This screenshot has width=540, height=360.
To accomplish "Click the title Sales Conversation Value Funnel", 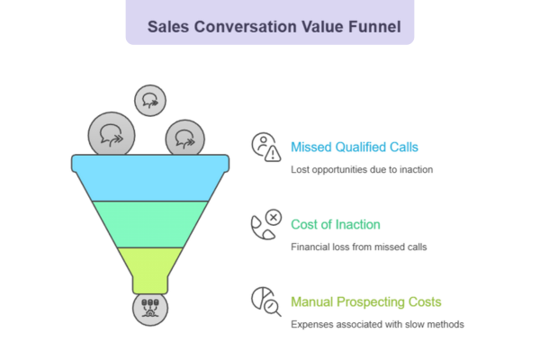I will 269,26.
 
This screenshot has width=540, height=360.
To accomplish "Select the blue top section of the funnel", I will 150,177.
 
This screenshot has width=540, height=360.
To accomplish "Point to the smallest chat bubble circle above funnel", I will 149,100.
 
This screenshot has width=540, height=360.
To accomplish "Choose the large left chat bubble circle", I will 112,136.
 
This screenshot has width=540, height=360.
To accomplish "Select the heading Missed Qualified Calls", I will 354,147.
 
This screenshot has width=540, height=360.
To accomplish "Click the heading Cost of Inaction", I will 335,224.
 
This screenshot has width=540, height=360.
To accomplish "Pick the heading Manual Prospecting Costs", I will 365,301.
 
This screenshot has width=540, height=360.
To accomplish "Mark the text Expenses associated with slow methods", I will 377,324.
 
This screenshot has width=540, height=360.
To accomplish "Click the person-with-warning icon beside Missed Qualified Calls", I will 265,147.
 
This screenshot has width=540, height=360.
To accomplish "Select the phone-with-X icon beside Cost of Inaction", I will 265,224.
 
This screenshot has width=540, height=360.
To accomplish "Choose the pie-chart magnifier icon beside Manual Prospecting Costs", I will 265,301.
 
